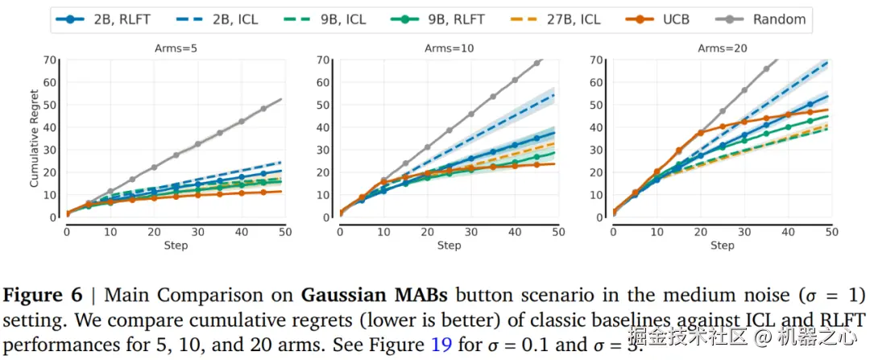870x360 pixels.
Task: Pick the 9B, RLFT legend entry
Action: pos(440,19)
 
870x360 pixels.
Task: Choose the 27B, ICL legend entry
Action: pos(551,19)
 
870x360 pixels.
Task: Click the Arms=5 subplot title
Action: pos(176,48)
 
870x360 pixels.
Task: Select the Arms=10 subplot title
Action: pos(449,48)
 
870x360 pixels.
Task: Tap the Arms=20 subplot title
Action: pos(723,48)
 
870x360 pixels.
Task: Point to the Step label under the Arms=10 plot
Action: pos(449,245)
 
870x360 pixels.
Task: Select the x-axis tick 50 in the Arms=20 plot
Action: pos(829,232)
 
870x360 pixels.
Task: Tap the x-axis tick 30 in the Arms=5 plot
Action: pos(197,232)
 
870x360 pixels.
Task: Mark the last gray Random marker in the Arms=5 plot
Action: pos(263,109)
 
